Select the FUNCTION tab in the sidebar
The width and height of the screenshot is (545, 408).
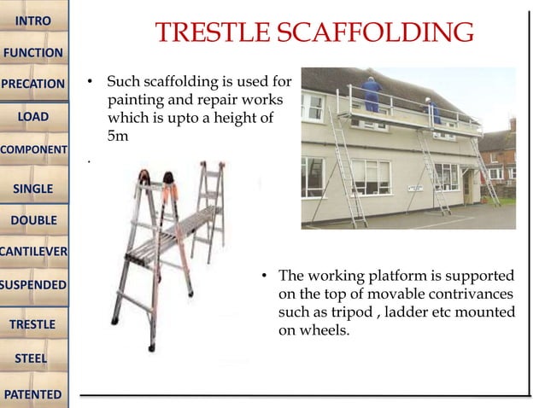point(33,53)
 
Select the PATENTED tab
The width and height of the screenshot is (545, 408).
point(33,394)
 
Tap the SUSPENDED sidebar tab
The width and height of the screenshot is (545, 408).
point(33,283)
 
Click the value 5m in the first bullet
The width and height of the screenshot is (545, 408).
point(117,135)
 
